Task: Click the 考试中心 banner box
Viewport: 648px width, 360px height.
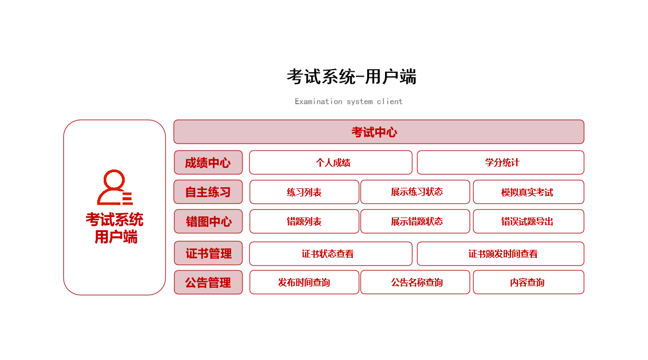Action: [x=379, y=132]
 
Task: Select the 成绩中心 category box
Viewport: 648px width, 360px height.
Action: [x=208, y=162]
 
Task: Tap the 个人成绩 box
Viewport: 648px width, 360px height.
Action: [x=330, y=162]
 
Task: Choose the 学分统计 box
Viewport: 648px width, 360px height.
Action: [x=501, y=162]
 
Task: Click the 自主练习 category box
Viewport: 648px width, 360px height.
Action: [x=208, y=192]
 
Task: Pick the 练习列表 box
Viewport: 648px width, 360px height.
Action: [x=305, y=192]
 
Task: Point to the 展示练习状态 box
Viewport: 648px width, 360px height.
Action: [x=415, y=192]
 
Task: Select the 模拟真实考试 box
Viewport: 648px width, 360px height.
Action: [x=529, y=192]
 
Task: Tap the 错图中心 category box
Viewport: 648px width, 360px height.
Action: [x=208, y=221]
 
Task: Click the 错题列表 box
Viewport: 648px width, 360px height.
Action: [x=305, y=221]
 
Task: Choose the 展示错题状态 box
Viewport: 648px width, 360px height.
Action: [x=415, y=221]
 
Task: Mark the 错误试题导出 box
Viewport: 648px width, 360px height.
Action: [x=529, y=221]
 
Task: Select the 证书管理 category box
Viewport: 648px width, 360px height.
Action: [x=208, y=253]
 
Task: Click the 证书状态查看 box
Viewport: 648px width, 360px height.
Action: [x=330, y=254]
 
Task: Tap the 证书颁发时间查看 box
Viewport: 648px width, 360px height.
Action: [x=501, y=254]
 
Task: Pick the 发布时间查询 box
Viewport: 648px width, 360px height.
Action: [x=305, y=282]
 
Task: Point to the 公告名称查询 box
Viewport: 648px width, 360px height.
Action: [x=415, y=282]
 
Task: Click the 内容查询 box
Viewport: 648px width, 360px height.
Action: [x=529, y=282]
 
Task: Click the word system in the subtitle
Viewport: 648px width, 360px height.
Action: [x=360, y=102]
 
